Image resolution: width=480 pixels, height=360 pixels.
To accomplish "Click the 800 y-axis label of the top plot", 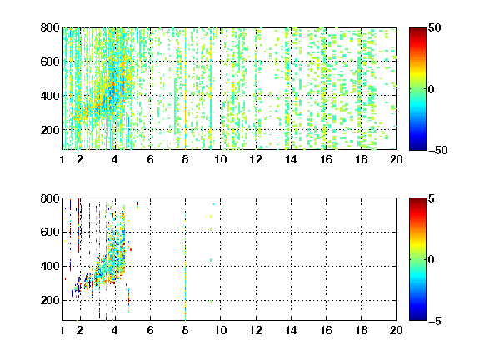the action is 50,27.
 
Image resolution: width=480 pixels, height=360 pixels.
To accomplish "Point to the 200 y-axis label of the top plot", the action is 50,130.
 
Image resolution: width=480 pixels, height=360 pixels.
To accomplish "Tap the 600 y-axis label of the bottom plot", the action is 50,232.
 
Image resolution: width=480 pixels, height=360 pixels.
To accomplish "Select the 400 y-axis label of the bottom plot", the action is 50,266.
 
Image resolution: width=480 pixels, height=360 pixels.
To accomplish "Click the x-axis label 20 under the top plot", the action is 396,159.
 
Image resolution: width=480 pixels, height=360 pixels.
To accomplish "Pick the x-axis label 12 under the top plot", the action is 256,159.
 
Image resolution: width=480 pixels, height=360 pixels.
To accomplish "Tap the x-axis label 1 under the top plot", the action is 62,159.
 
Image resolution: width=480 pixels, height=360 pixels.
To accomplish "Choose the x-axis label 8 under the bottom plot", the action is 185,330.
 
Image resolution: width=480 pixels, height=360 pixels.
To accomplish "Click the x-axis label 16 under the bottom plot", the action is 326,330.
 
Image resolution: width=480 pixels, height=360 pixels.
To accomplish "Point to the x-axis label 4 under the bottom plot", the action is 115,330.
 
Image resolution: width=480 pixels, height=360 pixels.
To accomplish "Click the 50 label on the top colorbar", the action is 435,27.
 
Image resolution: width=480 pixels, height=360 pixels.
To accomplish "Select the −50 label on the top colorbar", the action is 437,150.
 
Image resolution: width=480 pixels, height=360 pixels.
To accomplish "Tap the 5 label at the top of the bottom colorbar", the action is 432,198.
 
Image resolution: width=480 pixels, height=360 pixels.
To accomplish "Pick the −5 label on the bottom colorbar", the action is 435,321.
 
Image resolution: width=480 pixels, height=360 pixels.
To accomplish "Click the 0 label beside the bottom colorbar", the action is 432,260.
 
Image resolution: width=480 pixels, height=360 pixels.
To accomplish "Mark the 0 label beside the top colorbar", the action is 432,89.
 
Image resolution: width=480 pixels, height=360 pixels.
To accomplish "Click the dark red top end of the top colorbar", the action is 417,29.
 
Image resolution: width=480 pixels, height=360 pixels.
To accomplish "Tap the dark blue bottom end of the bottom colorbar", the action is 417,318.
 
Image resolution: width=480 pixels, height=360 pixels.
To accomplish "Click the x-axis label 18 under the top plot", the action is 361,159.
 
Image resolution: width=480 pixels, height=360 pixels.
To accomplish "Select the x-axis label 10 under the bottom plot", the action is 220,330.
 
